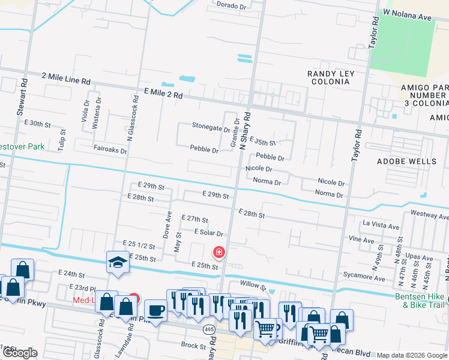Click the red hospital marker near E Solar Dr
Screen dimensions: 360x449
pyautogui.click(x=219, y=252)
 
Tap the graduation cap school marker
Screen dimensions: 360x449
pyautogui.click(x=117, y=262)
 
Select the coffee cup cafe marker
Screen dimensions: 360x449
pyautogui.click(x=156, y=311)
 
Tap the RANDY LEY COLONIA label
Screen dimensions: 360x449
pyautogui.click(x=331, y=78)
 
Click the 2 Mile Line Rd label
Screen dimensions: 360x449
pyautogui.click(x=66, y=78)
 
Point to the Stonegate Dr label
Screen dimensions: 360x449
pyautogui.click(x=211, y=127)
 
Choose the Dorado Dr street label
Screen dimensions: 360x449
pyautogui.click(x=231, y=5)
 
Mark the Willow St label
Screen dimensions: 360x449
pyautogui.click(x=252, y=286)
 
